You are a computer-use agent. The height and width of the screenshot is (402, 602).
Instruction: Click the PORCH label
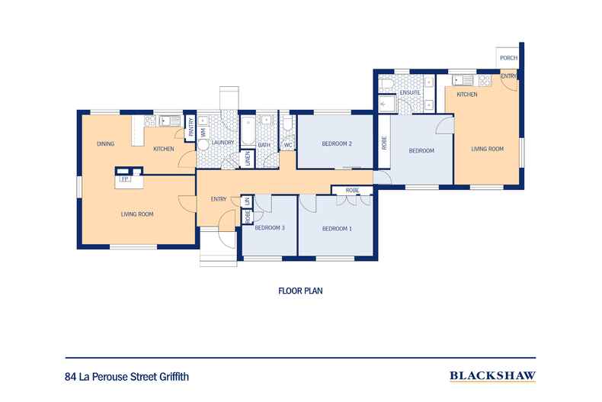(x=509, y=58)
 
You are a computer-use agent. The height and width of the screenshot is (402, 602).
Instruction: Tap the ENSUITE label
(x=410, y=92)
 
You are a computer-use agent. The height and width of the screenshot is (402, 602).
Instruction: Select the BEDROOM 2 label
(x=337, y=143)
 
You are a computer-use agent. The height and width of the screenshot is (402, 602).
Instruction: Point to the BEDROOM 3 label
(x=270, y=227)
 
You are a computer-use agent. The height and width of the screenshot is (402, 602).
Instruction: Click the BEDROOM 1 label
(x=337, y=229)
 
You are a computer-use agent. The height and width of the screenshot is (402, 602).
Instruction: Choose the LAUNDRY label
(x=223, y=142)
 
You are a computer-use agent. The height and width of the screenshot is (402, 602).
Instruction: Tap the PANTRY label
(x=191, y=127)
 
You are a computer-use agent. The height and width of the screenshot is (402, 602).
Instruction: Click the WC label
(x=287, y=145)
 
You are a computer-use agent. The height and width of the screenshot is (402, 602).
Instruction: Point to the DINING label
(x=106, y=143)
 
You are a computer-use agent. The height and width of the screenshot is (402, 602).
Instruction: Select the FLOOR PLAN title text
(x=300, y=291)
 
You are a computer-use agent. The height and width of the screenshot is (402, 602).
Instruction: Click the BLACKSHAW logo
(x=492, y=376)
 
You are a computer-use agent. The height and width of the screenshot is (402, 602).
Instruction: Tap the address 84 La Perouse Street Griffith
(x=127, y=377)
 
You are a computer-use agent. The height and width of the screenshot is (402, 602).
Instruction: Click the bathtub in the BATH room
(x=248, y=131)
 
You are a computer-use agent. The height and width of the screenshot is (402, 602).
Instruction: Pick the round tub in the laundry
(x=203, y=145)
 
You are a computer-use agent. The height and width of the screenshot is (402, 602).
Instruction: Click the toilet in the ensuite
(x=386, y=84)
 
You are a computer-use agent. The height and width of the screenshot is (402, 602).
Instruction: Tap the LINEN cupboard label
(x=248, y=159)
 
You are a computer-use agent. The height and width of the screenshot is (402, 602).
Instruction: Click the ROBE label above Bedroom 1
(x=352, y=190)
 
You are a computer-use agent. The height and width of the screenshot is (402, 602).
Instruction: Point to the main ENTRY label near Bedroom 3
(x=219, y=198)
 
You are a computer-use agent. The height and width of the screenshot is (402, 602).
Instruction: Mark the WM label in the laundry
(x=203, y=133)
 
